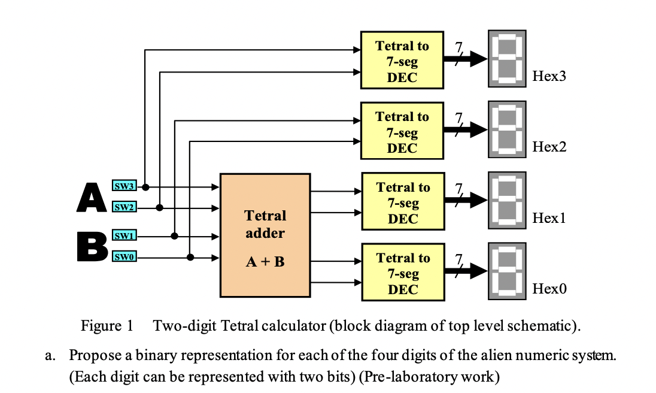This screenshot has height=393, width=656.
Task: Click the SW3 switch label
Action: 124,186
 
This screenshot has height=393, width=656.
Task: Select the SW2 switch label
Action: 124,207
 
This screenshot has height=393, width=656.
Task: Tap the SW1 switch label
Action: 124,236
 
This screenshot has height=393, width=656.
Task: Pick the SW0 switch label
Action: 124,258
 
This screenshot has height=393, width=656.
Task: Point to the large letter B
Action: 92,247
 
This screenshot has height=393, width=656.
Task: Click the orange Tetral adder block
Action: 265,235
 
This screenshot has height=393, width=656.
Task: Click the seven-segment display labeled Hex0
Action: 506,271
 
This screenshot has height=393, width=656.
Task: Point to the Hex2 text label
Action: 549,147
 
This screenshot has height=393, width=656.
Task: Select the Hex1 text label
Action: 549,218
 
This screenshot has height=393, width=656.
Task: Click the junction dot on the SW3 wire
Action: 145,187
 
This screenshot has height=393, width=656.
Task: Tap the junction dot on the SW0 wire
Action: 190,258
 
